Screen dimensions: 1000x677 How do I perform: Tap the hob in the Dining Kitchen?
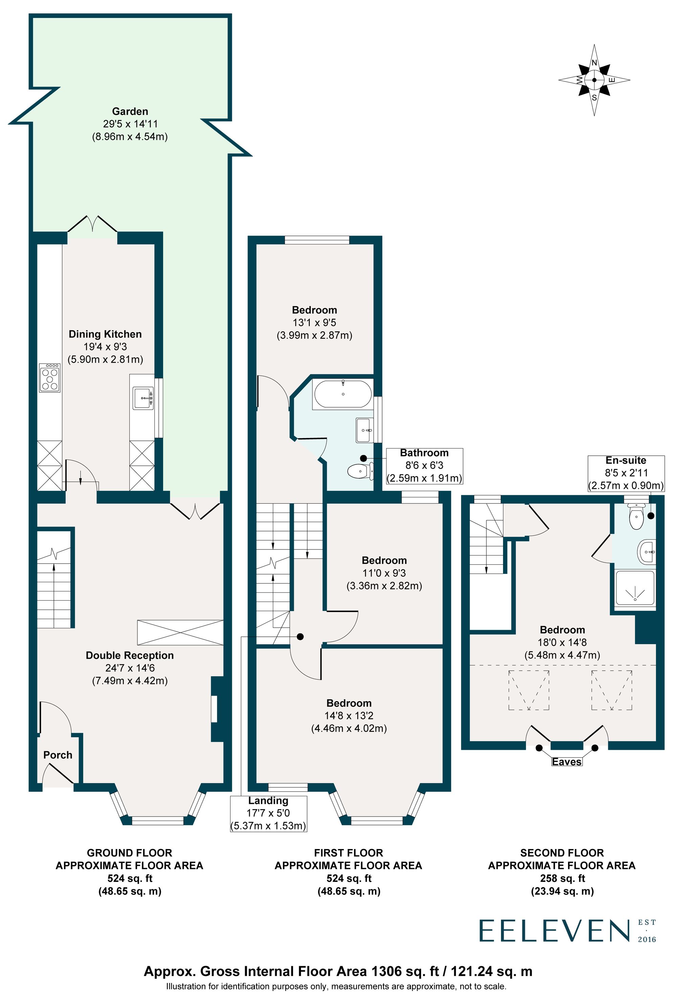click(x=49, y=378)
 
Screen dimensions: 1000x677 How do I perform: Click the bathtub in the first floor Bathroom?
click(x=343, y=394)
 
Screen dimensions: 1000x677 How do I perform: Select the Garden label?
click(x=130, y=111)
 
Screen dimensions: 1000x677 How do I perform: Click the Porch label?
click(x=58, y=755)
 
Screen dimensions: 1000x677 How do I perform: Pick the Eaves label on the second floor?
click(x=566, y=762)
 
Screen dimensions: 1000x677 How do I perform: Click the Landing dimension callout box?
click(x=268, y=813)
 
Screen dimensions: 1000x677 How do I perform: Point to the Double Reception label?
click(x=130, y=655)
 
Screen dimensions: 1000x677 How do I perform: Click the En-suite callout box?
click(x=626, y=473)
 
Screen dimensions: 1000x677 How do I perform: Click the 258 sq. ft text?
click(x=562, y=878)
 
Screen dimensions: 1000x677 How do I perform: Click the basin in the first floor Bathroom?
click(x=364, y=430)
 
